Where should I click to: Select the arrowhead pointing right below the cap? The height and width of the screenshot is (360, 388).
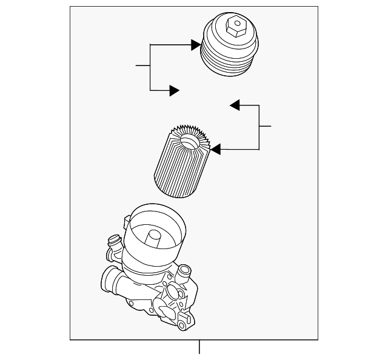pyautogui.click(x=174, y=90)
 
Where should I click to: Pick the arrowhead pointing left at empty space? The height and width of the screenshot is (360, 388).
pyautogui.click(x=235, y=105)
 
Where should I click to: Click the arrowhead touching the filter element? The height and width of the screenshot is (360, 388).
pyautogui.click(x=215, y=148)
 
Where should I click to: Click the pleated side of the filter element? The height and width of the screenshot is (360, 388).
pyautogui.click(x=175, y=170)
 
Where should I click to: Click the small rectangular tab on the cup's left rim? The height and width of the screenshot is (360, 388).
pyautogui.click(x=127, y=216)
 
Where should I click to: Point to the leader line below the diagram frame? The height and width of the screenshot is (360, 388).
pyautogui.click(x=199, y=348)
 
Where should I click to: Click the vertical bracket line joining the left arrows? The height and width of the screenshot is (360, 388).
pyautogui.click(x=150, y=67)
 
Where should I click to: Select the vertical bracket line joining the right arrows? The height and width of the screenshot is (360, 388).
pyautogui.click(x=259, y=127)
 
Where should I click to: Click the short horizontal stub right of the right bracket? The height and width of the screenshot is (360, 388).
pyautogui.click(x=265, y=126)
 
